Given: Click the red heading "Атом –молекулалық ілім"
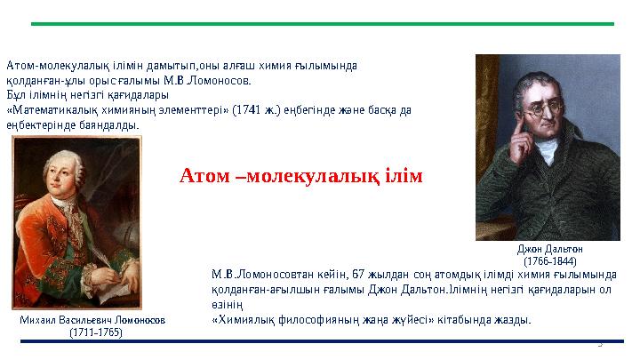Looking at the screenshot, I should (x=300, y=176).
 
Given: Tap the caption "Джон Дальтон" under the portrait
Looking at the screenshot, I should (x=549, y=250).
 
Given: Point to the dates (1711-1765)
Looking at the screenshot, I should (x=96, y=332).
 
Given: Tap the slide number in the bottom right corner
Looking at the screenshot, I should (x=624, y=342).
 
